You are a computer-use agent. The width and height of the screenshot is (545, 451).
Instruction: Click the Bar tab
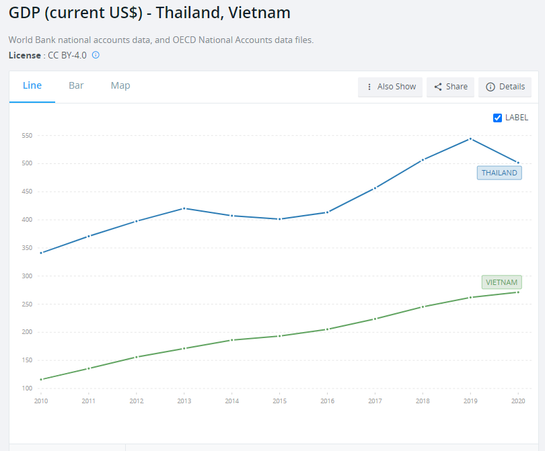coord(76,85)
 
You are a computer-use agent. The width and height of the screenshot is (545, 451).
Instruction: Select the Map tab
coord(120,85)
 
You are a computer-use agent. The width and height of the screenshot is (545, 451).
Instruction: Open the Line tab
coord(32,85)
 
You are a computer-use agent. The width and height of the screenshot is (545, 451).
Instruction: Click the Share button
coord(450,87)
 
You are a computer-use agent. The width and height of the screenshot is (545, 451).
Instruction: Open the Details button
coord(505,87)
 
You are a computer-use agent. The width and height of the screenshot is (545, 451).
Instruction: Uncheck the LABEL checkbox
coord(498,118)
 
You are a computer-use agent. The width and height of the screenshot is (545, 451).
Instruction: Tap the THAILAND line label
coord(499,173)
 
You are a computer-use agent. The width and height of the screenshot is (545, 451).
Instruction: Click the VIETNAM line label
coord(501,282)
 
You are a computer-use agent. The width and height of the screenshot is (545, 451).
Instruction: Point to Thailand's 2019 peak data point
coord(470,138)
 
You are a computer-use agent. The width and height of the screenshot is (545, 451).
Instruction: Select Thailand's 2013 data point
coord(184,208)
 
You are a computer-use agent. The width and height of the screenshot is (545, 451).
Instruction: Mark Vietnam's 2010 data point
coord(42,380)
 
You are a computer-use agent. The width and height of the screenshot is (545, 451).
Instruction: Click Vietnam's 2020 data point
coord(518,292)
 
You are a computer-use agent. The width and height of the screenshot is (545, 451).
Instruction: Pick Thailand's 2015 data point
coord(279,219)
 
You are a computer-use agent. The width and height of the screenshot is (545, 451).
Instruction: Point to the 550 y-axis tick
coord(27,135)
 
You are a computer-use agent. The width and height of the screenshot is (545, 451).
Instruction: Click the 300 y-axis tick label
coord(27,276)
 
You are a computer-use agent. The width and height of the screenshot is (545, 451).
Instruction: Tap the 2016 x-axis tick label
coord(327,401)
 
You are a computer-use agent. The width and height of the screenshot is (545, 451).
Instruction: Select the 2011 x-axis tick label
coord(89,401)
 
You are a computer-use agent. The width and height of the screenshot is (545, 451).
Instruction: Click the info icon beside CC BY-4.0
coord(96,55)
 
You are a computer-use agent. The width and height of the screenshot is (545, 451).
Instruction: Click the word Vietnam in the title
coord(261,13)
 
